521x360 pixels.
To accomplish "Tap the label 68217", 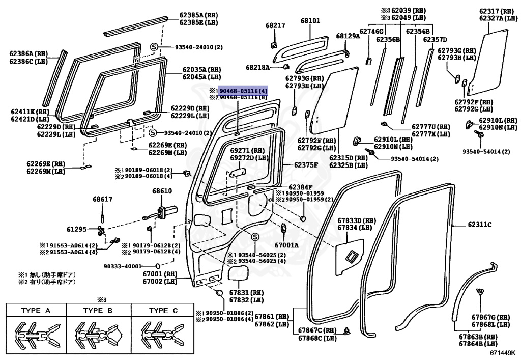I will point(275,25).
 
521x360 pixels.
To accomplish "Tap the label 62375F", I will point(305,165).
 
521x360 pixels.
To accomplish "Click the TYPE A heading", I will point(35,311).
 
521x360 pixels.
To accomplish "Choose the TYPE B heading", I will point(98,311).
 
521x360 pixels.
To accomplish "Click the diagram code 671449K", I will point(503,351).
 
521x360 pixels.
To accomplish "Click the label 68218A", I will point(258,67).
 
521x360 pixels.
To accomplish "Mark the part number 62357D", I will point(435,39).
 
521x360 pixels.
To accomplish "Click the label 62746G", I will point(371,32).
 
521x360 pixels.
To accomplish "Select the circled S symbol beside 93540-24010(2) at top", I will point(153,47).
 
